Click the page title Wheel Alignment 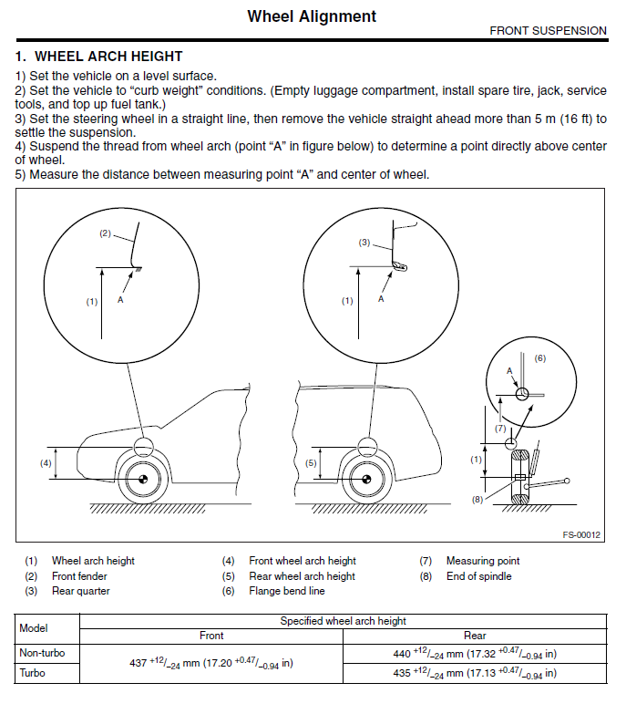pyautogui.click(x=312, y=16)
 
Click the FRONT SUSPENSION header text pyautogui.click(x=548, y=30)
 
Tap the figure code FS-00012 pyautogui.click(x=580, y=535)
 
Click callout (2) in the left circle pyautogui.click(x=105, y=233)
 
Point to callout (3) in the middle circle pyautogui.click(x=364, y=243)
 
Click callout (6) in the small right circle pyautogui.click(x=539, y=358)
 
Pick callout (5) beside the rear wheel pyautogui.click(x=310, y=463)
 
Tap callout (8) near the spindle pyautogui.click(x=477, y=499)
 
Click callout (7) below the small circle pyautogui.click(x=500, y=427)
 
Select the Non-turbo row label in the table pyautogui.click(x=43, y=653)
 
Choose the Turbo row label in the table pyautogui.click(x=34, y=673)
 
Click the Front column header pyautogui.click(x=211, y=636)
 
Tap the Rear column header pyautogui.click(x=475, y=636)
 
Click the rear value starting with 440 pyautogui.click(x=475, y=654)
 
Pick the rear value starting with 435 pyautogui.click(x=475, y=674)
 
